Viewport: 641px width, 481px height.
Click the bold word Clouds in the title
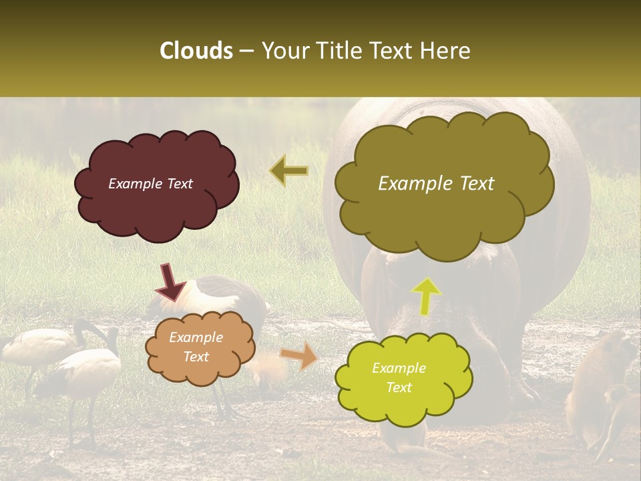tap(196, 51)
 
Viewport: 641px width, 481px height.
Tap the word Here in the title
tap(446, 51)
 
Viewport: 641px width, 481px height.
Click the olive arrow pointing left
tap(289, 172)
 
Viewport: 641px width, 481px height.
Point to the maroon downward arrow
tap(170, 282)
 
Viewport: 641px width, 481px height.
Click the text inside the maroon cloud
tap(150, 184)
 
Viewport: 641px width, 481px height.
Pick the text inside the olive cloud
tap(436, 184)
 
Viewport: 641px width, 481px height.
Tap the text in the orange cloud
tap(196, 347)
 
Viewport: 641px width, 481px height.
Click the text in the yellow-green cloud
tap(399, 377)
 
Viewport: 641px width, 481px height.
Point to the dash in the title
tap(247, 51)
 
